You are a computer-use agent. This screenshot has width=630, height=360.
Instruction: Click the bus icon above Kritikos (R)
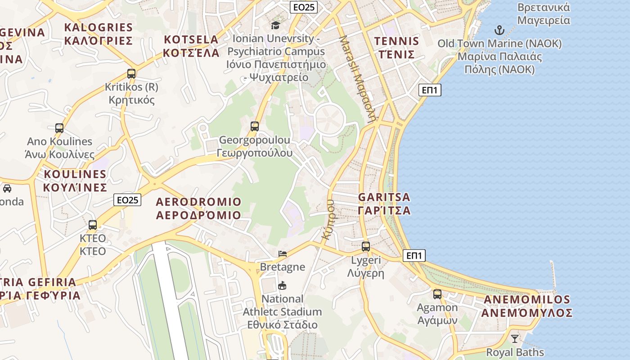coord(131,74)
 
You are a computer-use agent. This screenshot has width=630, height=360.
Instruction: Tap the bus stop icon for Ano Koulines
coord(59,128)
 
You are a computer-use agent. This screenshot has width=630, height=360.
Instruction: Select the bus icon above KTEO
coord(93,225)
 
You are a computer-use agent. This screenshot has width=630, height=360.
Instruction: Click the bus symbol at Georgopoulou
coord(255,126)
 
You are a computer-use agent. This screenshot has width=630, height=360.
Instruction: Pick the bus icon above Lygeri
coord(366,247)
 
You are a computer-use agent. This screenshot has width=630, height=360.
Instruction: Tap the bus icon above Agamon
coord(437,294)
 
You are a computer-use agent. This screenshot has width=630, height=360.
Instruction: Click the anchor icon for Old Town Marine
coord(499,31)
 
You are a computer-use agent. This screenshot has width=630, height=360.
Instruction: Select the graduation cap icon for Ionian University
coord(275,25)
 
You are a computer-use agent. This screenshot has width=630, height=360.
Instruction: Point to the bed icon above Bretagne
coord(283,254)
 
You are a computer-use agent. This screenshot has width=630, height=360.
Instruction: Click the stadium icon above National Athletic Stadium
coord(282,285)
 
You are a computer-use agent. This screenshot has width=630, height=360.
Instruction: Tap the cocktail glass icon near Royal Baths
coord(515,338)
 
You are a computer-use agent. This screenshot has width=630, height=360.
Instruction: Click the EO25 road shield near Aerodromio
coord(127,200)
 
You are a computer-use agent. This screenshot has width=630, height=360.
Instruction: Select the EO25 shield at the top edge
coord(304,7)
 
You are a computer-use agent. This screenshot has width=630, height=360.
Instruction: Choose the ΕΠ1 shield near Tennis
coord(430,90)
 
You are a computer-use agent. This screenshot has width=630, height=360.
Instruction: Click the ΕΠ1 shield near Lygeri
coord(414,256)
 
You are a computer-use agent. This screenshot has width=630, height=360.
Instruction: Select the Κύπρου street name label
coord(328,219)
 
